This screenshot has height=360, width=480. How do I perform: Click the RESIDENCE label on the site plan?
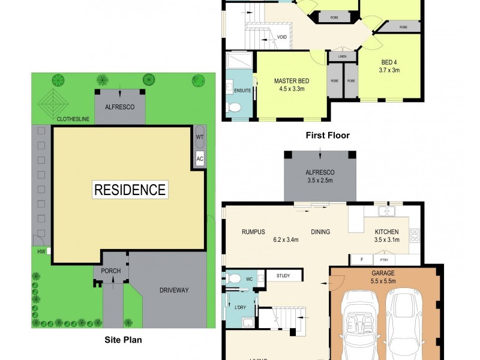point(130,190)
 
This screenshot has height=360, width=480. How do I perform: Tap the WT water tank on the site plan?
point(200,137)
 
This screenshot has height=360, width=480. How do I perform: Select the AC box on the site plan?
point(200,158)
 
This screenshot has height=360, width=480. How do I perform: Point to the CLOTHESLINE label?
point(73,119)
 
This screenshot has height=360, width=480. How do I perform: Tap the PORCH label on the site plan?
point(110,271)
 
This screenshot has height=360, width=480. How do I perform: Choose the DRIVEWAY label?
point(174,290)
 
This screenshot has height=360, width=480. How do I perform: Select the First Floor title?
point(328,135)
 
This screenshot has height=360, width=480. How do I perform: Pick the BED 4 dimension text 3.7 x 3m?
point(389,70)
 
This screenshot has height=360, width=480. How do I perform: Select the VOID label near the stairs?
point(281,37)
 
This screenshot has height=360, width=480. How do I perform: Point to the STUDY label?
point(283,276)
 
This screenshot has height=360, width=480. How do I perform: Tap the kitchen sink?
point(386,211)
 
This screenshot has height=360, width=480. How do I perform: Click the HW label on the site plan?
point(41,251)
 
